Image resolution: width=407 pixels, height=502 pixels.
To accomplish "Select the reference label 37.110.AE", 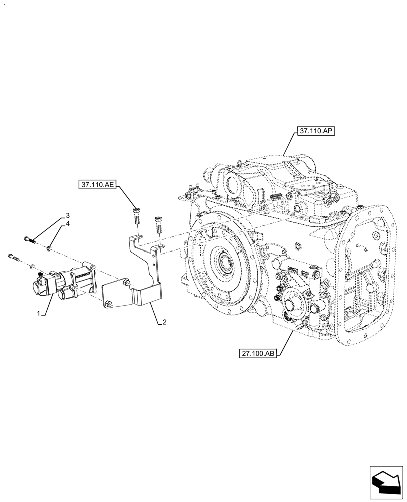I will point(97,185).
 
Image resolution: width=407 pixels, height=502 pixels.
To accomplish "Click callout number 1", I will point(38,313).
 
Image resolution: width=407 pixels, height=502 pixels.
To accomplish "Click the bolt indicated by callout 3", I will point(29,239).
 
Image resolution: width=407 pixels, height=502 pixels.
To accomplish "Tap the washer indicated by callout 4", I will point(49,247).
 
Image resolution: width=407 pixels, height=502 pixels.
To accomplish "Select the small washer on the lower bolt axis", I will point(32,265).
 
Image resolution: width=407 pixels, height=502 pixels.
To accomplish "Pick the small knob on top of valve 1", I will point(40,273).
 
